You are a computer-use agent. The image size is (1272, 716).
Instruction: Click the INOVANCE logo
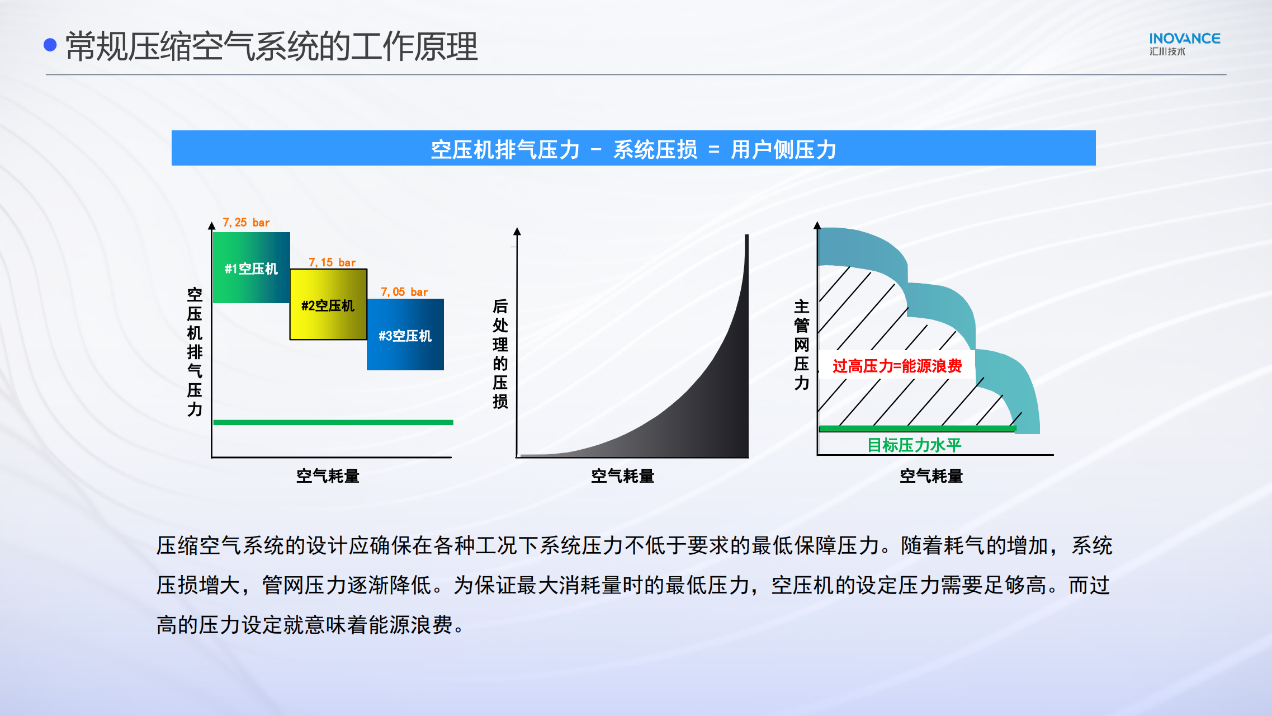click(x=1184, y=44)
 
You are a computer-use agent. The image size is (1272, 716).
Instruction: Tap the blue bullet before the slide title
click(x=50, y=45)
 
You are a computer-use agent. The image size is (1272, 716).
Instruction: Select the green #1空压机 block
click(x=252, y=267)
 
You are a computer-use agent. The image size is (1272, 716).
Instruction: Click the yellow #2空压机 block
click(x=328, y=304)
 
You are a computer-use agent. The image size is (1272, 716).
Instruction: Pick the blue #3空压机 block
click(x=405, y=335)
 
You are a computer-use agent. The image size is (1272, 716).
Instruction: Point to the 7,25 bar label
click(x=246, y=223)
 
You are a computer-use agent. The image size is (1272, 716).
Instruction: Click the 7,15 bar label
click(x=332, y=262)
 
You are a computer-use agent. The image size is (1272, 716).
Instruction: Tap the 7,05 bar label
click(x=404, y=292)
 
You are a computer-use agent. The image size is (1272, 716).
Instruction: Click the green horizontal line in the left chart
click(x=333, y=422)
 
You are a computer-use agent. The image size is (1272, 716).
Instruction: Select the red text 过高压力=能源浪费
click(x=897, y=366)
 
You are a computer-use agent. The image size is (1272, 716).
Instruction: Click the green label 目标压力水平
click(x=914, y=445)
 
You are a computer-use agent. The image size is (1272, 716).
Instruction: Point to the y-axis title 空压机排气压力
click(x=195, y=352)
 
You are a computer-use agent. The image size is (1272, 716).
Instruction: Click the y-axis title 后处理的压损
click(x=500, y=354)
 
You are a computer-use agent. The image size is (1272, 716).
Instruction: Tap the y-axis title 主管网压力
click(x=802, y=345)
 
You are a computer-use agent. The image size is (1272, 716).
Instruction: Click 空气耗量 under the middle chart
click(x=622, y=476)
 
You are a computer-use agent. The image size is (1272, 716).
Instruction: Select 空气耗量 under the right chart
click(x=931, y=476)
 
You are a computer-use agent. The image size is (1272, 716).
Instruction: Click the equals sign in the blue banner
click(x=714, y=150)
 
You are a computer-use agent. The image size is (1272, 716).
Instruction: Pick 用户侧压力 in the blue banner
click(x=783, y=150)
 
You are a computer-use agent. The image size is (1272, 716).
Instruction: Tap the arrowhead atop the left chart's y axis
click(x=211, y=225)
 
